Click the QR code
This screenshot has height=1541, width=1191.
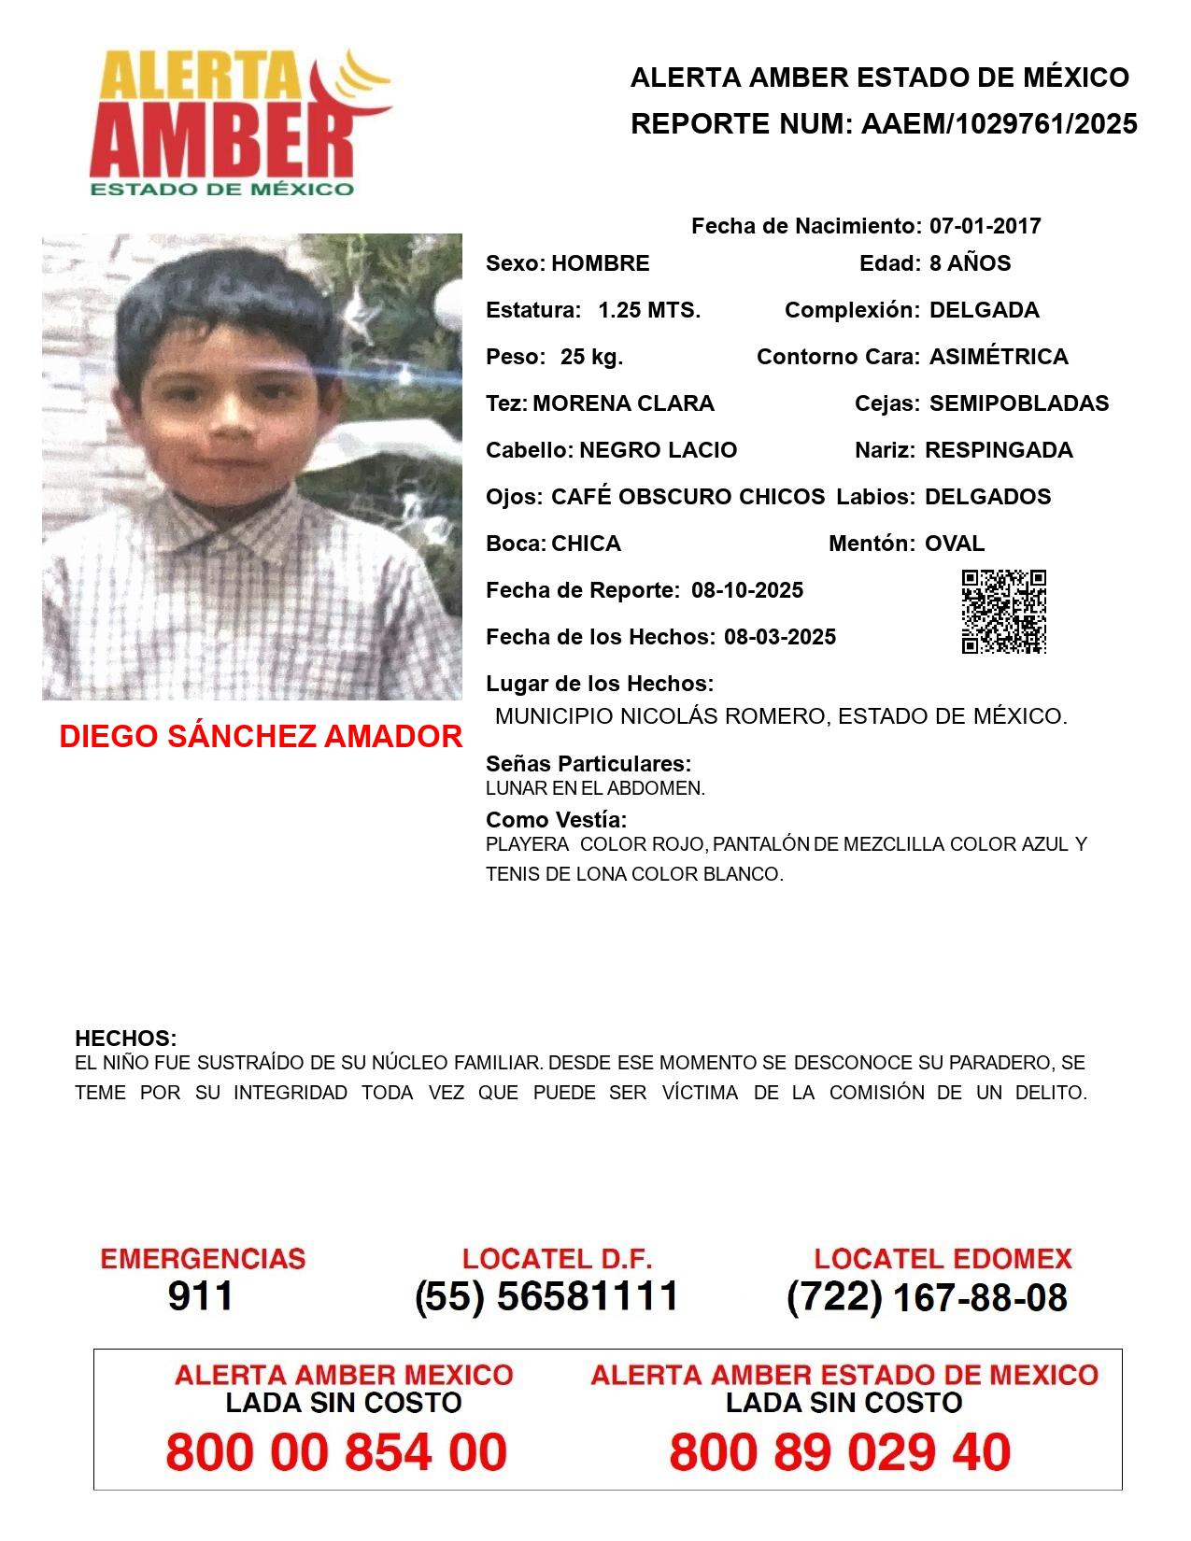1004,612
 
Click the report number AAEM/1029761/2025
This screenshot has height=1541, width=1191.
999,124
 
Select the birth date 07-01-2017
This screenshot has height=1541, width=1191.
985,226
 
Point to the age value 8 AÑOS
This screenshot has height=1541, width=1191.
970,263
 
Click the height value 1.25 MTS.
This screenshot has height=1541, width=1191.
649,310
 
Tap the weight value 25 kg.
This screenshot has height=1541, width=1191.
591,357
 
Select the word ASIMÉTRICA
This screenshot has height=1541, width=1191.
999,357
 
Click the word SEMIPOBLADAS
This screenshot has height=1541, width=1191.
1019,403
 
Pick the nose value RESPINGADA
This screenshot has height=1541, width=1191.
999,450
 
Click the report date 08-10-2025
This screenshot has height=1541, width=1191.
747,590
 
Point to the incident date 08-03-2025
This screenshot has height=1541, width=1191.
780,637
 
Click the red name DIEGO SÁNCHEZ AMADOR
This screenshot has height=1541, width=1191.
261,737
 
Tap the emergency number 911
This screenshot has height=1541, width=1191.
201,1296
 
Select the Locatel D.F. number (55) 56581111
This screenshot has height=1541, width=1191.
547,1296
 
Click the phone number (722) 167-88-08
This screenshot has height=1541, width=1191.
927,1296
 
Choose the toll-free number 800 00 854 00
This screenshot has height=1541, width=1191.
336,1452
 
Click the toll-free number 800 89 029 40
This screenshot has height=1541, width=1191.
840,1452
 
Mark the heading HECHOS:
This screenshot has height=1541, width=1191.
125,1039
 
